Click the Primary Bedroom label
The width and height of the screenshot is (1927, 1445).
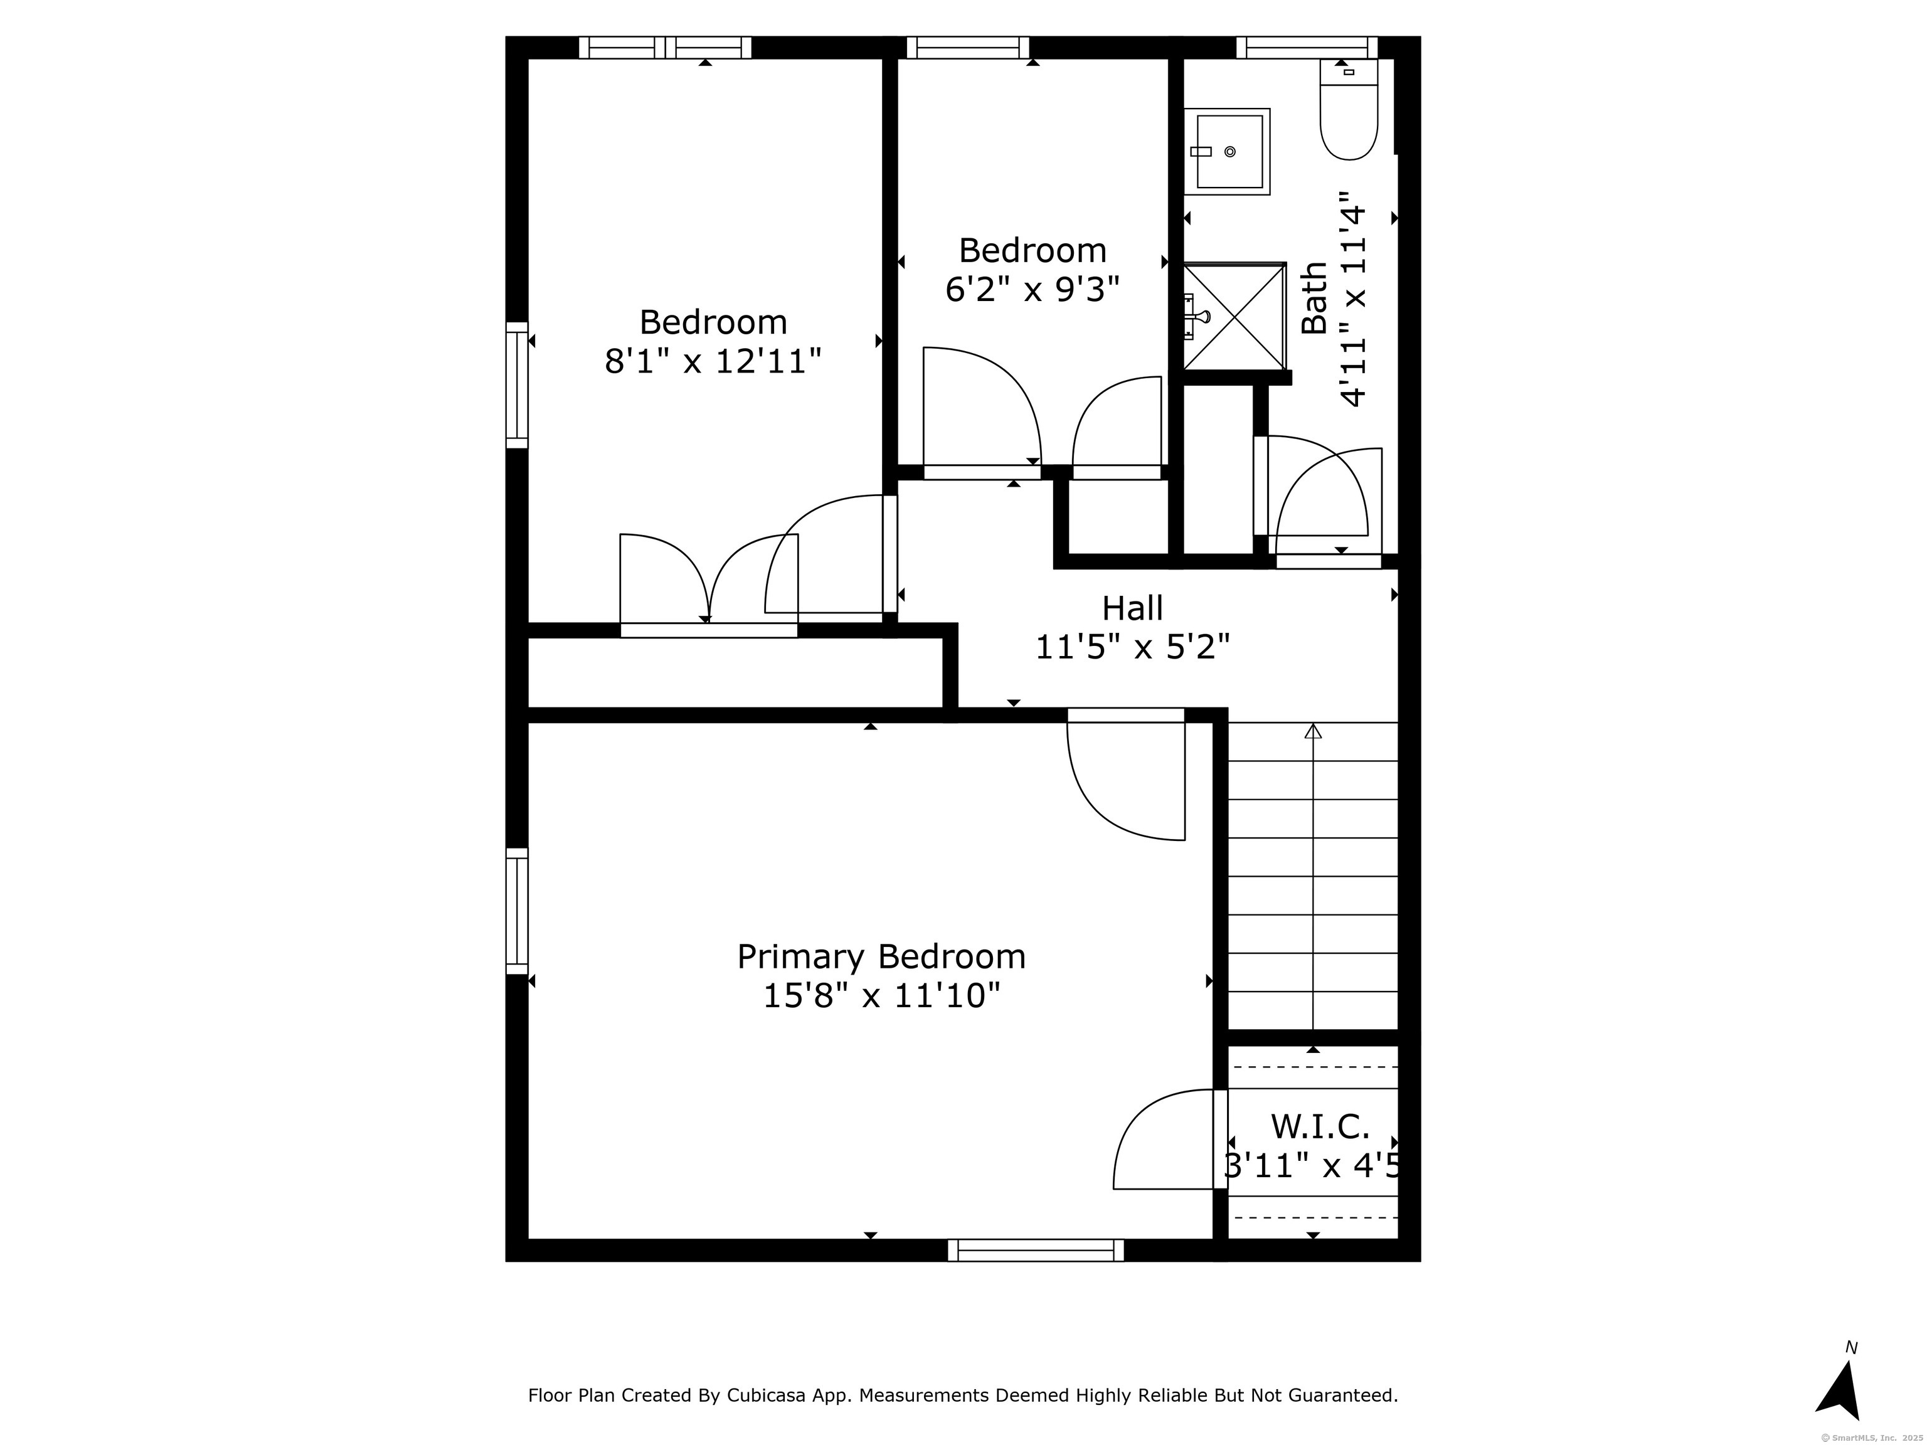pos(881,957)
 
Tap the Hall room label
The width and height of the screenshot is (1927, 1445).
pos(1132,608)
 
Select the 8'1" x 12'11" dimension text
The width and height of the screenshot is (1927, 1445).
pos(713,361)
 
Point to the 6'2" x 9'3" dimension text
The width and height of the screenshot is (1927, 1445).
pos(1033,289)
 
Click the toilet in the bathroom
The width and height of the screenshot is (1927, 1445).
pos(1349,110)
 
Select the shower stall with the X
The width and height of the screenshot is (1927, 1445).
pos(1234,316)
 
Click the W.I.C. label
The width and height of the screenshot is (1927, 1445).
pos(1320,1126)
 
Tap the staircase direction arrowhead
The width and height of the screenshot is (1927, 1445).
pos(1313,731)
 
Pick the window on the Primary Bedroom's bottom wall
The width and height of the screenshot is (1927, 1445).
pos(1036,1250)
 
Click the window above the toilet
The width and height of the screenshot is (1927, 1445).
pos(1307,47)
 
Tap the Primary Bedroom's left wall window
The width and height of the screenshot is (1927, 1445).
pos(517,911)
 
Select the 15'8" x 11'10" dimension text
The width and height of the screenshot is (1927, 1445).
pos(881,995)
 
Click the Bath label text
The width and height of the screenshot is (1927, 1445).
pos(1314,298)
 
